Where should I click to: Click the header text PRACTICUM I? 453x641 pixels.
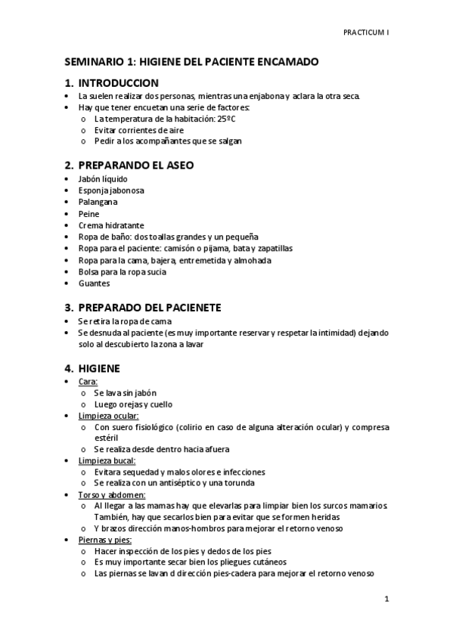coord(366,33)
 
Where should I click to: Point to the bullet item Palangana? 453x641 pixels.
coord(98,202)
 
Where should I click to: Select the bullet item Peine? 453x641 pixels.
coord(88,214)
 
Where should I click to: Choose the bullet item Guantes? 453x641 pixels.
coord(95,283)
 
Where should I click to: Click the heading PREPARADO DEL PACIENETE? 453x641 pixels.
coord(149,307)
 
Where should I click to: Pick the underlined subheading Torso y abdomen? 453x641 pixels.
coord(111,494)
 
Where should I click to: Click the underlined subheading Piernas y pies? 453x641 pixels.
coord(105,540)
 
